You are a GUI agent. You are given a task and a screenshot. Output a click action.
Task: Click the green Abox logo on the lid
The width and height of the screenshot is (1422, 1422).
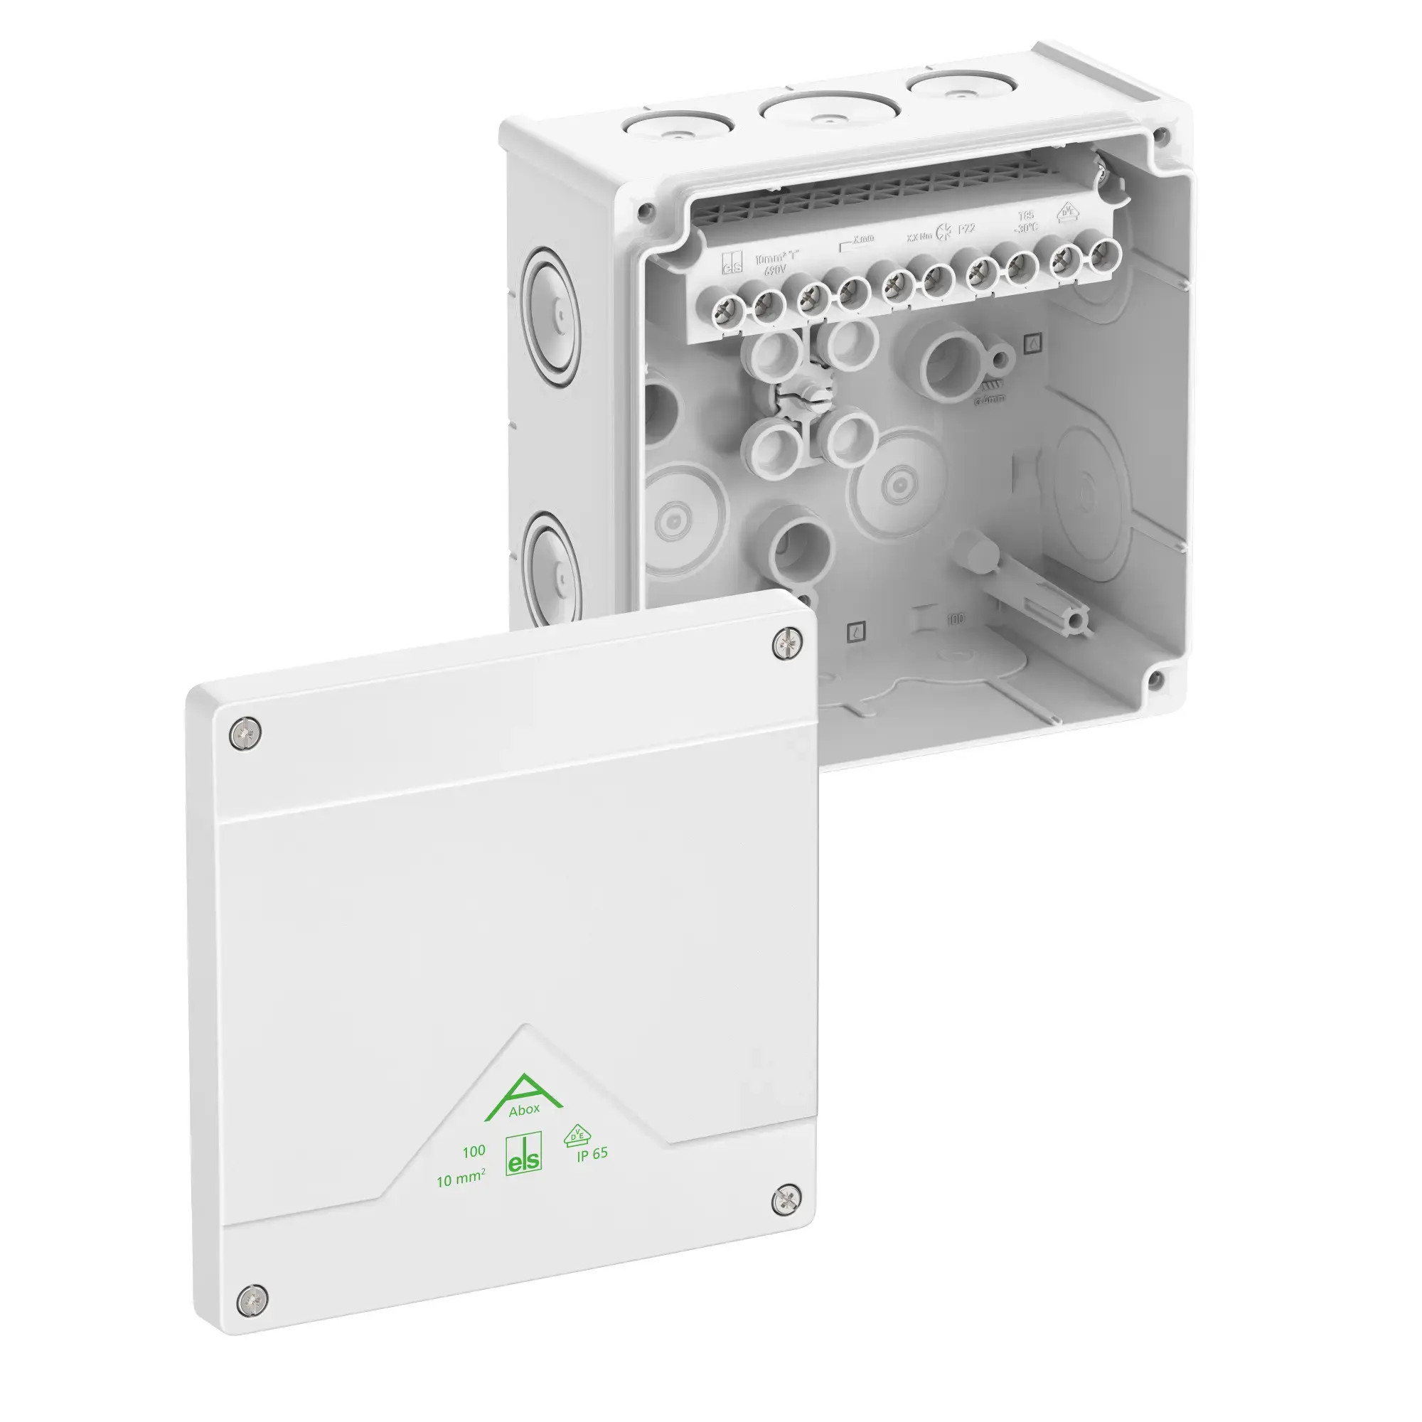click(x=523, y=1099)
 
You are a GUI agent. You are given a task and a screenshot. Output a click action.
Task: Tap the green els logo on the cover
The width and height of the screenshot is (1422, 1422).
click(x=523, y=1153)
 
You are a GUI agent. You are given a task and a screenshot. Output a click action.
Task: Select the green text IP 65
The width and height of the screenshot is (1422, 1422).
click(x=592, y=1153)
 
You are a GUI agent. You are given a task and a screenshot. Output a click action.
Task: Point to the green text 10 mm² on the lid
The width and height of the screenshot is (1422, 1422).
click(x=461, y=1179)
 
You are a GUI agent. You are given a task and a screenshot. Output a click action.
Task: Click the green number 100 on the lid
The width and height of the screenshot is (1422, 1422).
click(x=474, y=1151)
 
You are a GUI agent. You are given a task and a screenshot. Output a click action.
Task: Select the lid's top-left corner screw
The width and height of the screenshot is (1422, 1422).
click(x=245, y=734)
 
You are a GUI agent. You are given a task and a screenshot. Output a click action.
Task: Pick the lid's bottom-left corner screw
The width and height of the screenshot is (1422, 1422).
click(x=252, y=1299)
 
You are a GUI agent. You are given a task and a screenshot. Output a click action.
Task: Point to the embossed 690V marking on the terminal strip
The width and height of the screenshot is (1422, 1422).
click(x=775, y=271)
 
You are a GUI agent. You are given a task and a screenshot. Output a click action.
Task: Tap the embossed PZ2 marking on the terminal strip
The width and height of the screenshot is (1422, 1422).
click(x=966, y=229)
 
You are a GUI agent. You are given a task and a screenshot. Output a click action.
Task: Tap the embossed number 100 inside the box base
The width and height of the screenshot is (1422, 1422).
click(x=956, y=619)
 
